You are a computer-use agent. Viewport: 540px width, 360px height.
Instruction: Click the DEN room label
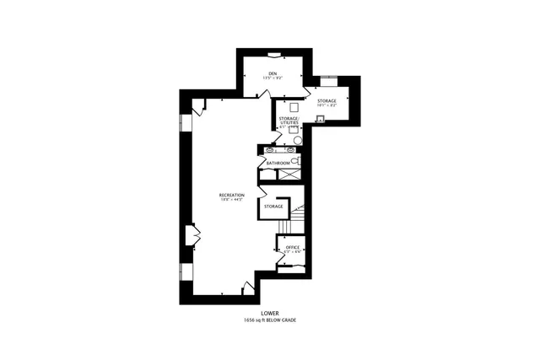(x=273, y=73)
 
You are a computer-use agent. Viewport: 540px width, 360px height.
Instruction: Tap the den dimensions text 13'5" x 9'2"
(x=273, y=78)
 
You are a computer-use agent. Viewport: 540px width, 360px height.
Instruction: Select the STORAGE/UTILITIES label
(x=289, y=121)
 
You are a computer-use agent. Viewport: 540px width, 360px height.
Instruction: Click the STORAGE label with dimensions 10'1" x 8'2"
(x=327, y=101)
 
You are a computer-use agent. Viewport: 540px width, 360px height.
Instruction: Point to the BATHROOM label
(x=278, y=162)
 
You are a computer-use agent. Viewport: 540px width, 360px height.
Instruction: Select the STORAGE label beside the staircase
(x=273, y=207)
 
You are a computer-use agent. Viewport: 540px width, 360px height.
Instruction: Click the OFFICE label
(x=292, y=247)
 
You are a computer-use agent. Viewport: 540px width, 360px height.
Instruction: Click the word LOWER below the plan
(x=269, y=314)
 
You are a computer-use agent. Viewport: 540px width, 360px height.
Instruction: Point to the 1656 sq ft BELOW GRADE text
(x=269, y=320)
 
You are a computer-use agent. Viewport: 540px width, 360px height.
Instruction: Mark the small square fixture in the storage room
(x=321, y=118)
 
